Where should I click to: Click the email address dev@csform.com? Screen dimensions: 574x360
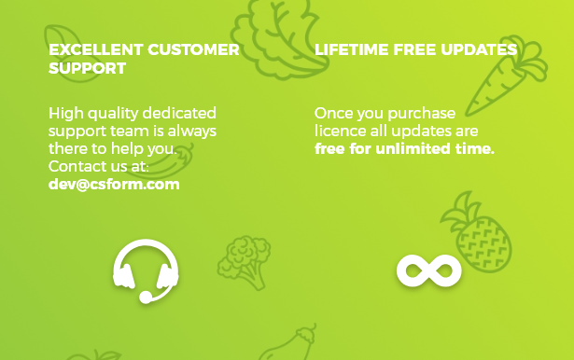point(114,185)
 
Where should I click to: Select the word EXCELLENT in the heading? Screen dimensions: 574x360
point(96,49)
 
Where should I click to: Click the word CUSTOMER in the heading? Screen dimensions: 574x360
point(193,49)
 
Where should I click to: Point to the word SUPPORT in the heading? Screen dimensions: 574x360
point(87,68)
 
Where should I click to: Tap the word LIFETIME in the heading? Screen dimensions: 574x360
point(352,49)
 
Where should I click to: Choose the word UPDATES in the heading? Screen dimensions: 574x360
point(479,49)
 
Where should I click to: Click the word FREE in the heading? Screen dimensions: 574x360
point(414,49)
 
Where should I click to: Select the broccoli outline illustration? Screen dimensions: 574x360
point(245,261)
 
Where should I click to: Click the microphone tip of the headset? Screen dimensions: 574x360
point(146,298)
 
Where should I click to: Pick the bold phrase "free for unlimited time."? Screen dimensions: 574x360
point(404,149)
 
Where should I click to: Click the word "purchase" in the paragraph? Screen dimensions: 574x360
point(421,114)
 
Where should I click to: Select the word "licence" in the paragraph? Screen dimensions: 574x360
point(340,131)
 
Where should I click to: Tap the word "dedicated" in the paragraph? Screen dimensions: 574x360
point(179,113)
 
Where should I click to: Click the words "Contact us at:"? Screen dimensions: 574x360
point(99,166)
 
